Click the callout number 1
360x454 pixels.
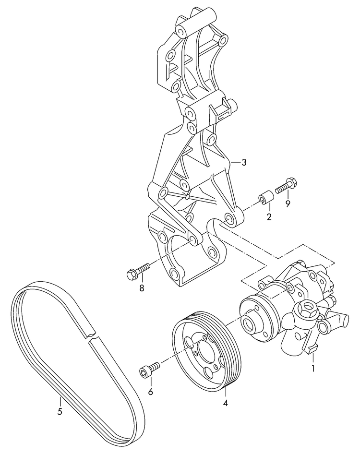click(313, 369)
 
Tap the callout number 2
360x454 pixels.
click(269, 217)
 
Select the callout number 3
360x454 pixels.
click(244, 163)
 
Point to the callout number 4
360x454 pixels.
click(225, 403)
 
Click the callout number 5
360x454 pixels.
click(60, 411)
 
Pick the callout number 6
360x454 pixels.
click(150, 392)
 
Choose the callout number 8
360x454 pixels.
click(141, 288)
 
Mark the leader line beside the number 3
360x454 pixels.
click(235, 163)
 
